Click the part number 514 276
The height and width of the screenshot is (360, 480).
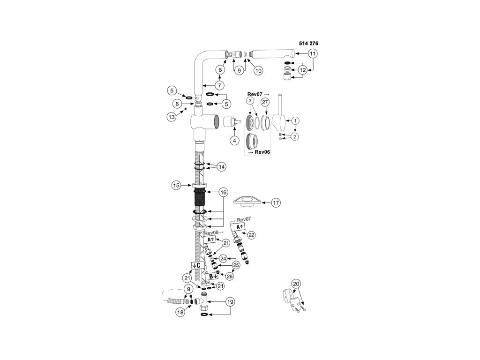308,43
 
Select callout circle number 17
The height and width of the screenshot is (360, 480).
276,203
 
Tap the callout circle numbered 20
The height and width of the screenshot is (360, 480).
296,284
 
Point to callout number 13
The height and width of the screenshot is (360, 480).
172,117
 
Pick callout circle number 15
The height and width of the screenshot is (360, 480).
176,186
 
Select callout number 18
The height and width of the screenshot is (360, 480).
180,312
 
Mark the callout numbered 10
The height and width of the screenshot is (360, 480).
258,70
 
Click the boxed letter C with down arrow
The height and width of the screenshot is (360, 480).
196,265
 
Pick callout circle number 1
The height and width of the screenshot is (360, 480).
295,120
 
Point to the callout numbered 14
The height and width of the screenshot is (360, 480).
222,166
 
